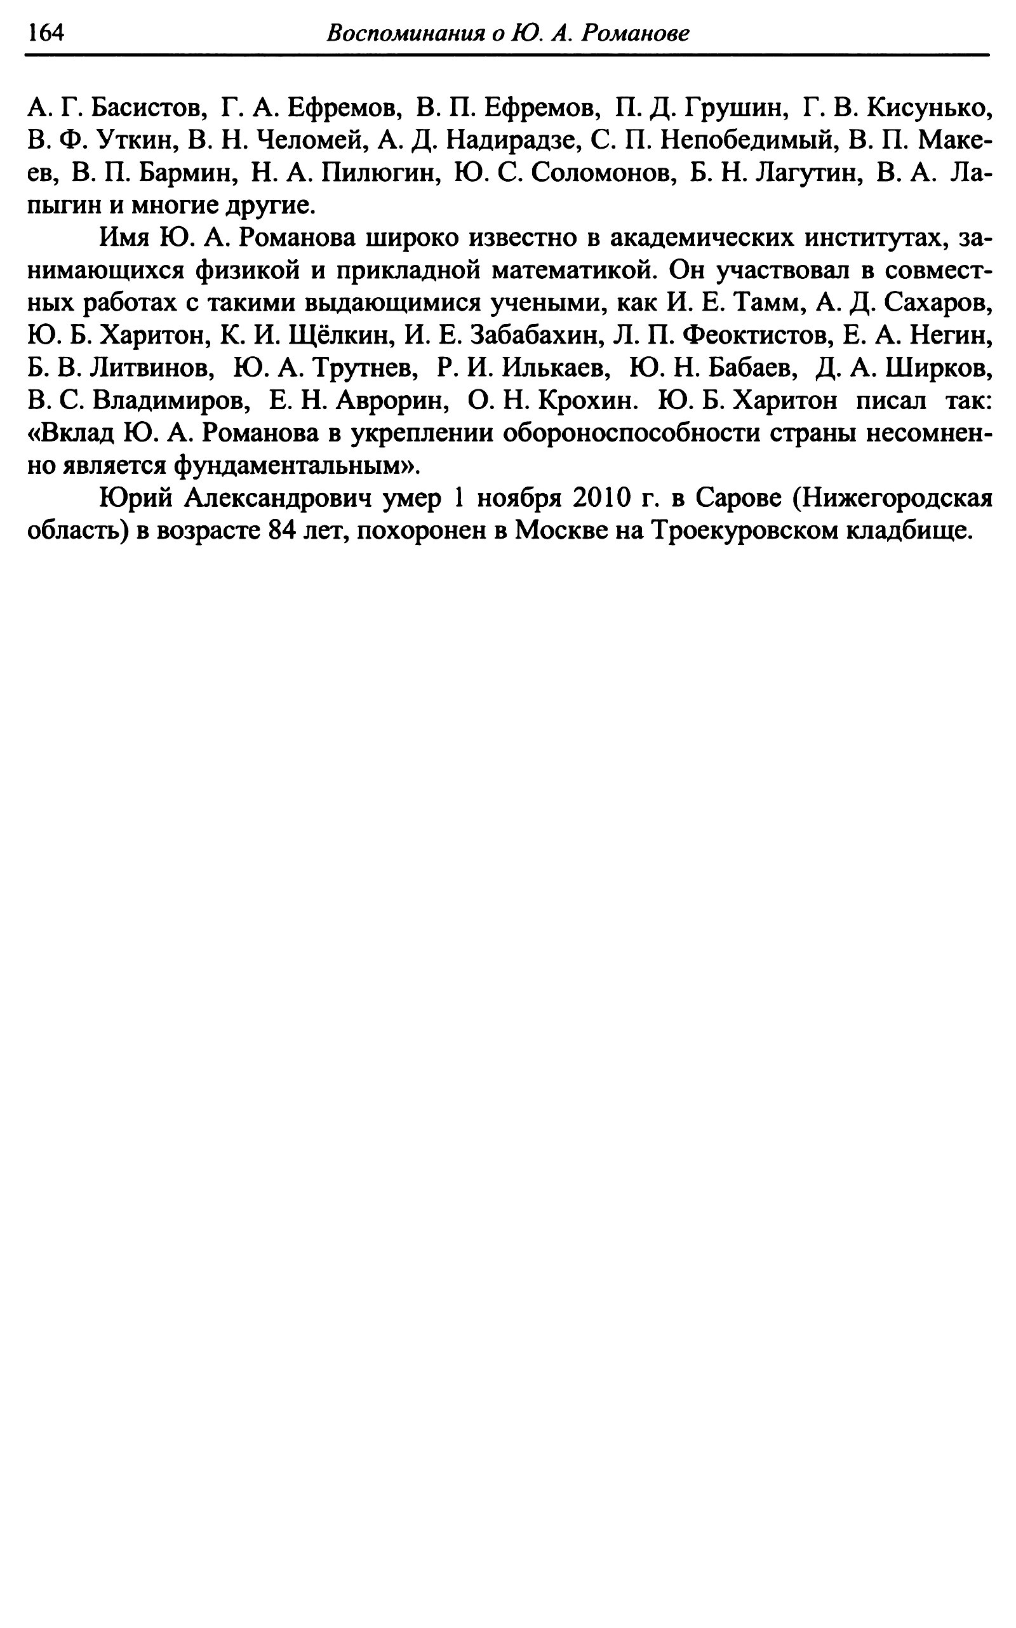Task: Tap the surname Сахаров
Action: (938, 303)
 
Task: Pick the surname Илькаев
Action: (556, 368)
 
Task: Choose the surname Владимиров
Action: (171, 401)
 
